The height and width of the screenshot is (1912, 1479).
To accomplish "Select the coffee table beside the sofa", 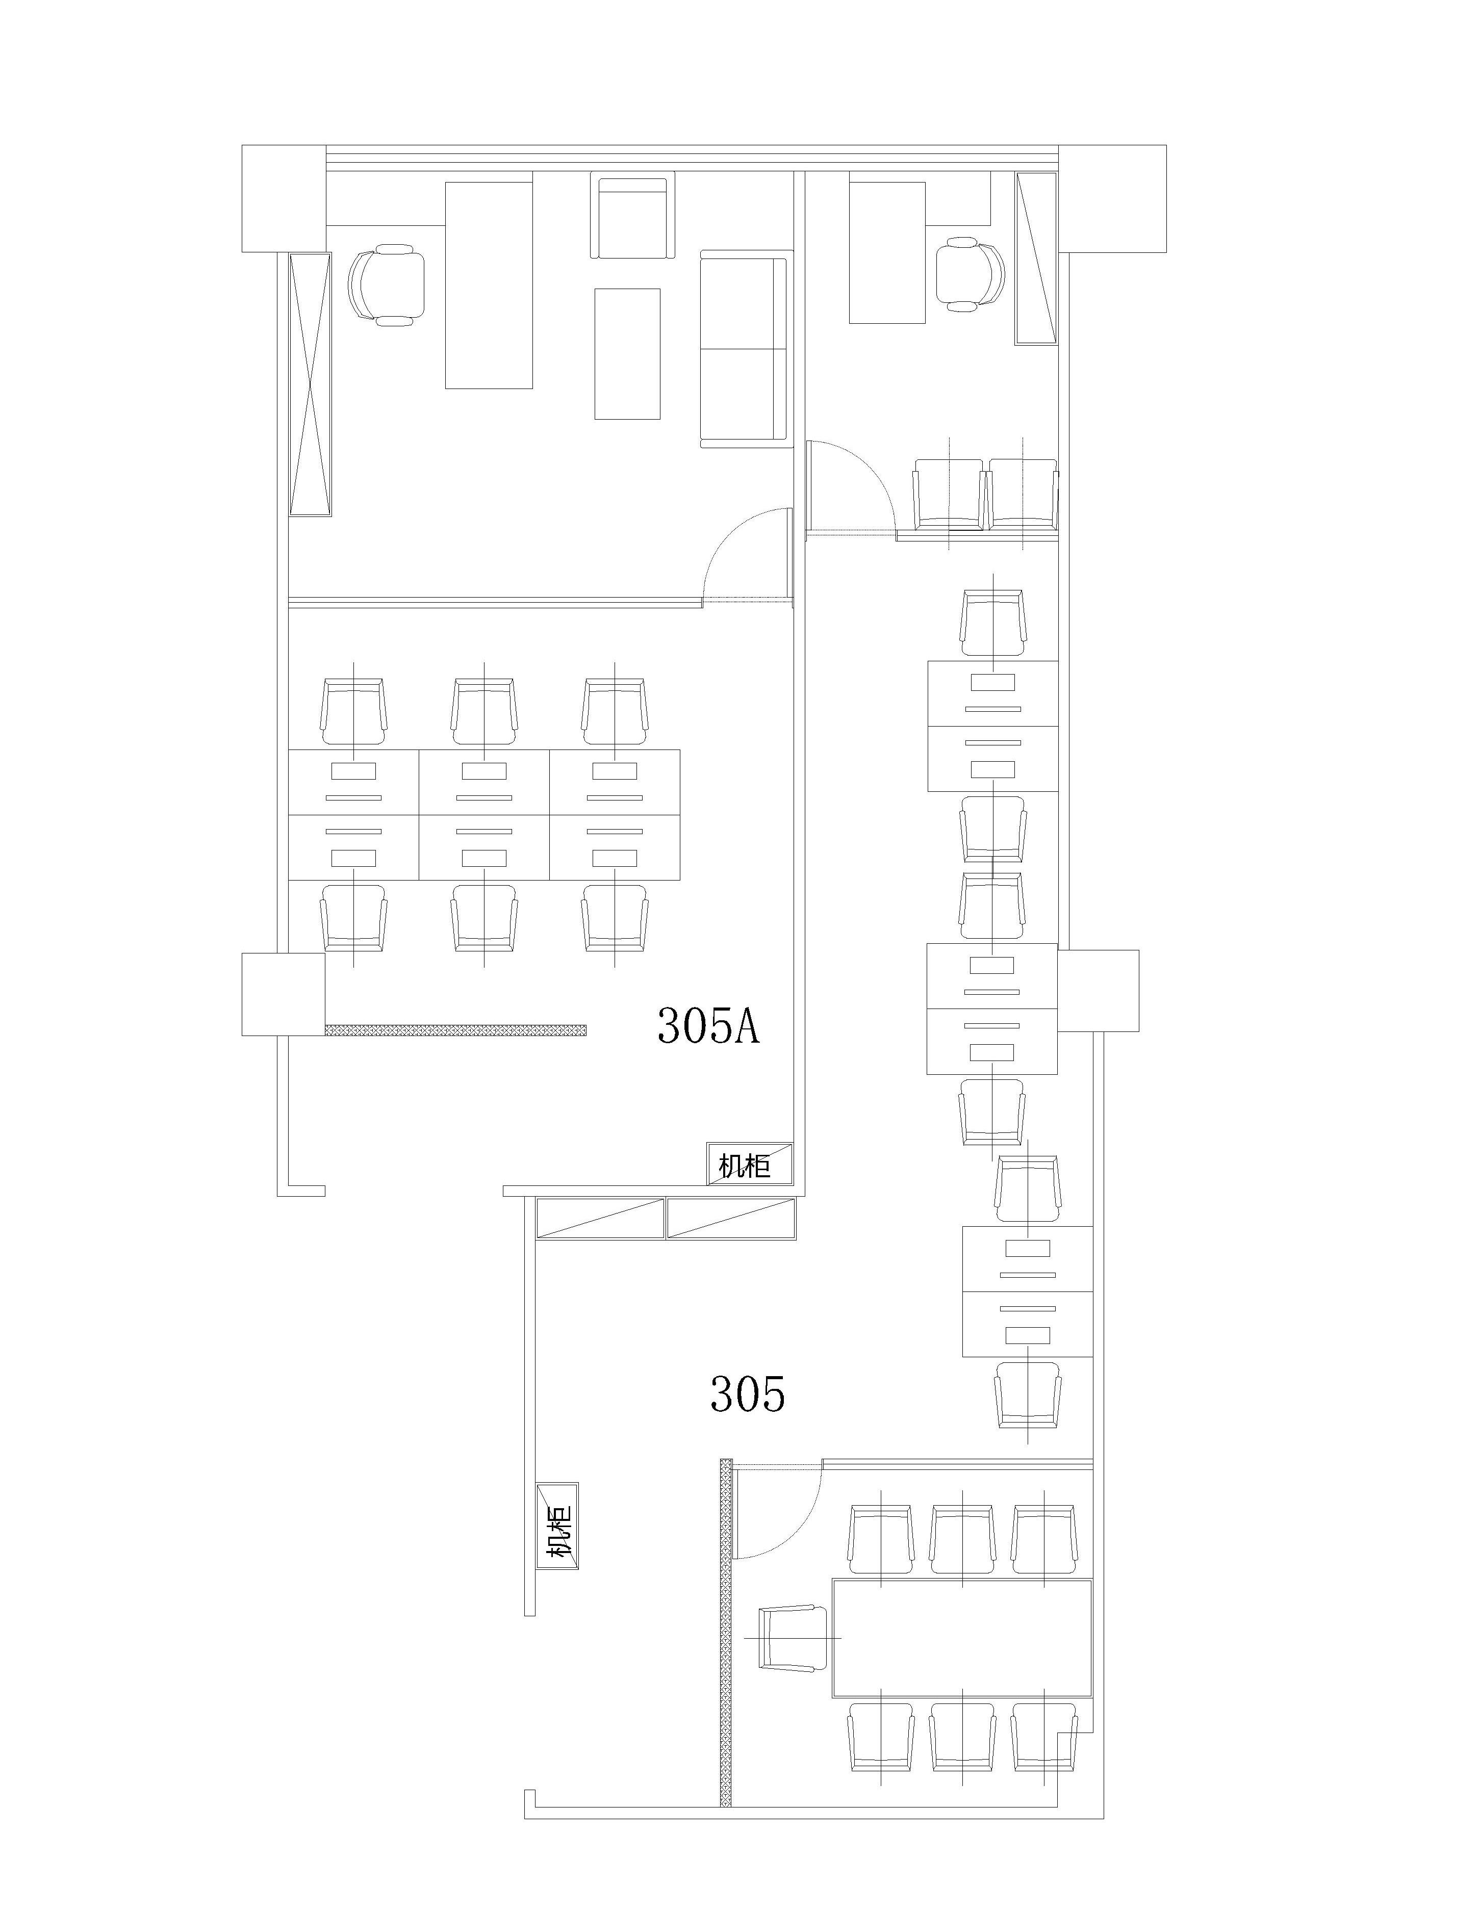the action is coord(627,354).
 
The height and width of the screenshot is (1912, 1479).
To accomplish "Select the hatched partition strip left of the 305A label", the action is coord(455,1029).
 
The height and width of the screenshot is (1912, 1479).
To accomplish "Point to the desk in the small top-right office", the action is coord(887,252).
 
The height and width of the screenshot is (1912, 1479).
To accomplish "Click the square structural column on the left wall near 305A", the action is coord(283,995).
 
